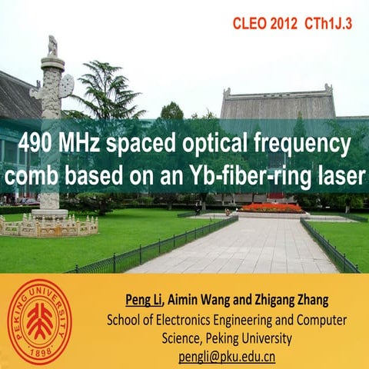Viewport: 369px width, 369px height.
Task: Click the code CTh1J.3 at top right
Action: pyautogui.click(x=327, y=24)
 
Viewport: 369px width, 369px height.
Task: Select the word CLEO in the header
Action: pyautogui.click(x=248, y=24)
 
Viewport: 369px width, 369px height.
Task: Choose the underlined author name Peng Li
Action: pyautogui.click(x=144, y=299)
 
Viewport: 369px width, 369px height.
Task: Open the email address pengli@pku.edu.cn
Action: pyautogui.click(x=227, y=356)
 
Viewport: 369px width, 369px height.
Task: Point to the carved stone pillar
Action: pyautogui.click(x=51, y=123)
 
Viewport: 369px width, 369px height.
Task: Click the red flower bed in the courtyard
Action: pyautogui.click(x=272, y=208)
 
